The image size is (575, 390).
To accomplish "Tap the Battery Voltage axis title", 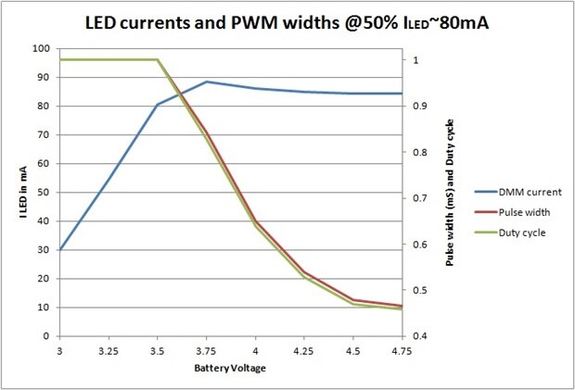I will pyautogui.click(x=231, y=368).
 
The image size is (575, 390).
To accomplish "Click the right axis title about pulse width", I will pyautogui.click(x=450, y=193).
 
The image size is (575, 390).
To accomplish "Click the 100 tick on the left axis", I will pyautogui.click(x=40, y=48).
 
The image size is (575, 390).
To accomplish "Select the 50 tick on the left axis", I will pyautogui.click(x=43, y=192).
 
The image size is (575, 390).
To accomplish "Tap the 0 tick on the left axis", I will pyautogui.click(x=45, y=336).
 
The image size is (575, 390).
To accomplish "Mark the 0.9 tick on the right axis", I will pyautogui.click(x=419, y=106).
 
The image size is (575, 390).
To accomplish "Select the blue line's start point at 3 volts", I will pyautogui.click(x=59, y=249).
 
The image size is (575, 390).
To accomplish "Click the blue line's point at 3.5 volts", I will pyautogui.click(x=158, y=105).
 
